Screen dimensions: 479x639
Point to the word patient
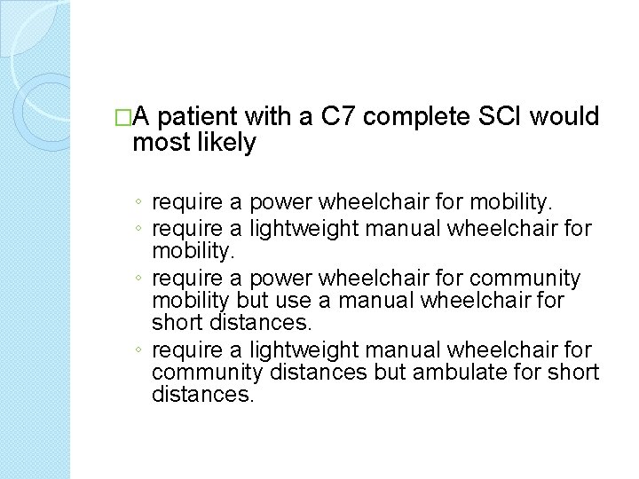click(x=200, y=117)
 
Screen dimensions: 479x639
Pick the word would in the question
click(x=566, y=117)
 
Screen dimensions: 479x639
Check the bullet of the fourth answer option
click(x=140, y=349)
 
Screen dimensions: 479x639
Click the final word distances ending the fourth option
click(x=203, y=395)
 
